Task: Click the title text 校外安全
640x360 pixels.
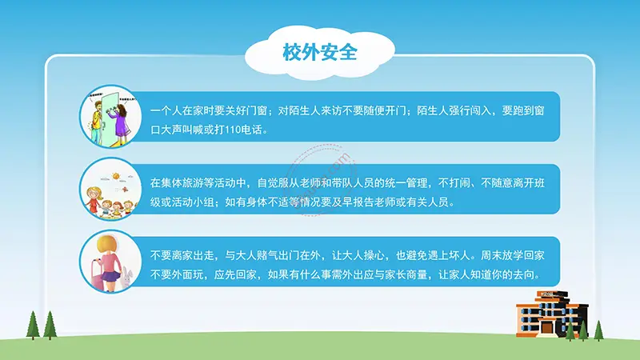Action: coord(320,53)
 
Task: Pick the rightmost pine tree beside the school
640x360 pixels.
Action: coord(598,330)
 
